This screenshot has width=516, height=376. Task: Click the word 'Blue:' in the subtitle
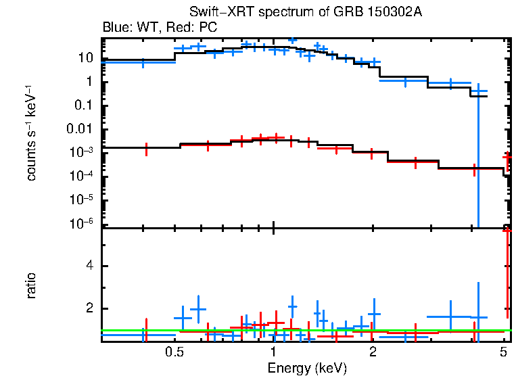coord(116,28)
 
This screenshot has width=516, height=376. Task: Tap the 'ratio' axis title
coord(31,286)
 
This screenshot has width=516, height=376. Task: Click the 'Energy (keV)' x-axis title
coord(307,368)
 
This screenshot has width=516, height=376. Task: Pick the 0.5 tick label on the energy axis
coord(175,352)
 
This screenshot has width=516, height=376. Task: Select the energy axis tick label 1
coord(273,352)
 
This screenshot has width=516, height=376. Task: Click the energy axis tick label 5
coord(502,352)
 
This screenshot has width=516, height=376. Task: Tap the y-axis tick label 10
coord(85,58)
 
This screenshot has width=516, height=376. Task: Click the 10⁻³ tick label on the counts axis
coord(83,153)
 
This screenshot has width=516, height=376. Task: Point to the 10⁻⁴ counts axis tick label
coord(83,177)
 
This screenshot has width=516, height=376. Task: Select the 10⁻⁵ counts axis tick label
coord(83,200)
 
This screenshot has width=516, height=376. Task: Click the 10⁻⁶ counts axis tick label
coord(83,224)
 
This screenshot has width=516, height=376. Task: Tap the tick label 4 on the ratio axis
coord(89,266)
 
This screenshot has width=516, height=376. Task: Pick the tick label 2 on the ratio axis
coord(89,308)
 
